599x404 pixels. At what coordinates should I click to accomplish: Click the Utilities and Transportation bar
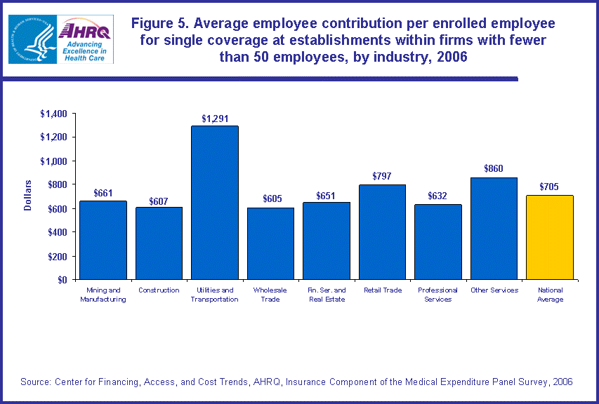[x=215, y=203]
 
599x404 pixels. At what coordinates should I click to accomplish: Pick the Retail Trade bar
[x=382, y=231]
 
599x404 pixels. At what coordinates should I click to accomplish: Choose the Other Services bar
[x=494, y=228]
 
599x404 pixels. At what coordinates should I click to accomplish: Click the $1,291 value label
[x=215, y=119]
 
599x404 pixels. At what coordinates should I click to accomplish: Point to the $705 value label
[x=549, y=187]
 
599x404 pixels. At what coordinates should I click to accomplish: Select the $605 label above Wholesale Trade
[x=270, y=199]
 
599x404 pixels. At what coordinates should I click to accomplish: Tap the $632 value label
[x=437, y=196]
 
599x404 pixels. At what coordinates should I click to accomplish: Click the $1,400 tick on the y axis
[x=53, y=114]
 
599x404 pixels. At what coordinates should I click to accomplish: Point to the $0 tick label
[x=62, y=280]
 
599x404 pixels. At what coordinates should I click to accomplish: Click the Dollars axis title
[x=28, y=196]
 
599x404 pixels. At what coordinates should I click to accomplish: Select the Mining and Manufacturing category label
[x=103, y=295]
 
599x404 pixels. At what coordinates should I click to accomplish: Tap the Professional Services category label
[x=437, y=295]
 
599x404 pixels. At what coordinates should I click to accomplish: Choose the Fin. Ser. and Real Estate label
[x=326, y=295]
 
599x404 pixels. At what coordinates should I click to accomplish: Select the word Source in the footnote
[x=37, y=382]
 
